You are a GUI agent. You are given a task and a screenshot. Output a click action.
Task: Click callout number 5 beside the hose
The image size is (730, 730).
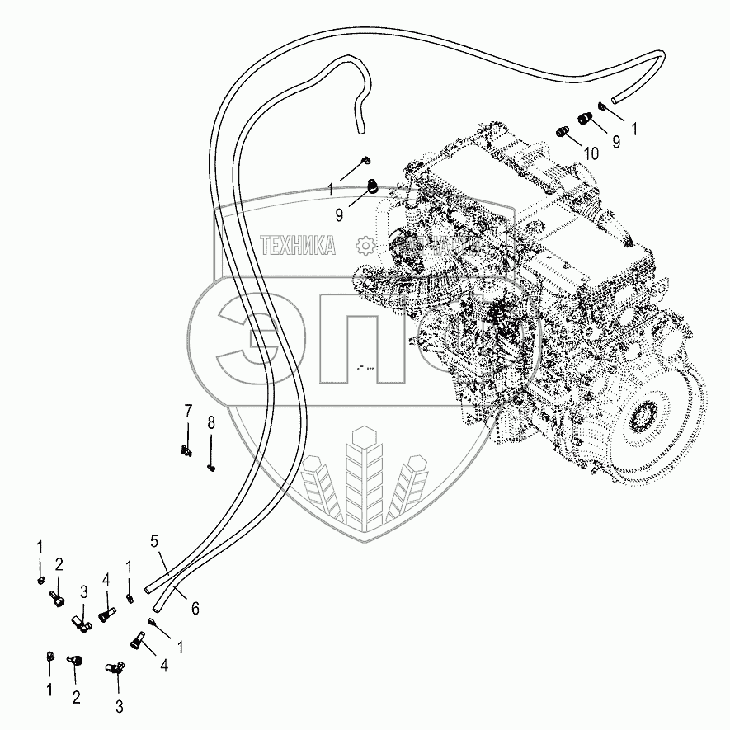pyautogui.click(x=153, y=542)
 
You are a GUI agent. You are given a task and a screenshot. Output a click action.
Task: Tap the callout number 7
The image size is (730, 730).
pyautogui.click(x=187, y=410)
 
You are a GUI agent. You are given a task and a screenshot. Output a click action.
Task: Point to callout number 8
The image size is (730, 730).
pyautogui.click(x=210, y=422)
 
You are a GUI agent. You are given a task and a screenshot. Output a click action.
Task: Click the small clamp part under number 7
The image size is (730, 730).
pyautogui.click(x=186, y=450)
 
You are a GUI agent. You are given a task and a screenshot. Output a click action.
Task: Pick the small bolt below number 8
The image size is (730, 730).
pyautogui.click(x=211, y=468)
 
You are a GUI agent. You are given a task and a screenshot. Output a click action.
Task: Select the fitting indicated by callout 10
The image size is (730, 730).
pyautogui.click(x=563, y=130)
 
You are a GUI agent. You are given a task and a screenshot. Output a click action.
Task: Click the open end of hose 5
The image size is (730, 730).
pyautogui.click(x=148, y=589)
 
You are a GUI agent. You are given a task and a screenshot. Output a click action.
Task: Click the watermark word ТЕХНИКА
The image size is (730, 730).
pyautogui.click(x=298, y=245)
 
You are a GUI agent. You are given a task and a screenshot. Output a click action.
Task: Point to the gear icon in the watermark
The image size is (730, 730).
pyautogui.click(x=365, y=245)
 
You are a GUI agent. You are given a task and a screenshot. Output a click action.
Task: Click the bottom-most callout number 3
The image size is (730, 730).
pyautogui.click(x=118, y=706)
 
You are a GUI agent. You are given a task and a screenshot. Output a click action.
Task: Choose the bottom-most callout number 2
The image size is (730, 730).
pyautogui.click(x=76, y=698)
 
